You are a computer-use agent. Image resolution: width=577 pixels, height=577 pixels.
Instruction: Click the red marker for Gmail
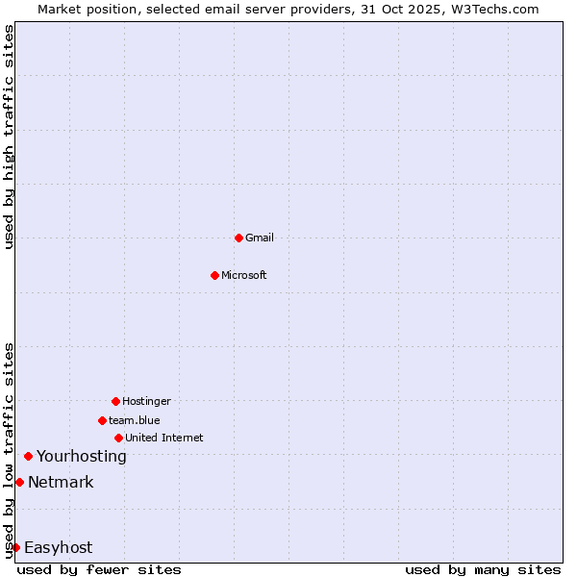[238, 238]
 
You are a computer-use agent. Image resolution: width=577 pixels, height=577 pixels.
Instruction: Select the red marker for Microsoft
[214, 275]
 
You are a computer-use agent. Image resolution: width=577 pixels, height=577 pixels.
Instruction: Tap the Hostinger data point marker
[115, 401]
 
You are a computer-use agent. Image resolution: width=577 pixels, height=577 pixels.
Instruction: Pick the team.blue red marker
[102, 420]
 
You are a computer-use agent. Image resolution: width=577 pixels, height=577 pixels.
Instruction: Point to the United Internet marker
[118, 438]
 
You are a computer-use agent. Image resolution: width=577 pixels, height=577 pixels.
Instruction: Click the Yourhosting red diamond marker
[28, 456]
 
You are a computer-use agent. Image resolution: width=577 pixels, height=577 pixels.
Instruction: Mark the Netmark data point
[19, 482]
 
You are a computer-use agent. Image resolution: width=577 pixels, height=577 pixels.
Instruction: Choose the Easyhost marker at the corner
[15, 547]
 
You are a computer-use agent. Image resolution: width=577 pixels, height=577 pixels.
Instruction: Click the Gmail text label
[260, 238]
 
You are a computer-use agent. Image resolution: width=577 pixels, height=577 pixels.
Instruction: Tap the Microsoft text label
[244, 275]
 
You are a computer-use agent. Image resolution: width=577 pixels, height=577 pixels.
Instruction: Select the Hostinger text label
[146, 401]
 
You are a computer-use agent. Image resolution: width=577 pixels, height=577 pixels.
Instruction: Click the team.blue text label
[135, 420]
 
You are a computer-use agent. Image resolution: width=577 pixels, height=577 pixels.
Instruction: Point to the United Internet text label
[164, 438]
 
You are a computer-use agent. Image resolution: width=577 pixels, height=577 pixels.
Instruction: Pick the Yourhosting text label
[82, 456]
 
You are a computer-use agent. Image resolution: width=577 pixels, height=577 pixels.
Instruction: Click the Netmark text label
[61, 482]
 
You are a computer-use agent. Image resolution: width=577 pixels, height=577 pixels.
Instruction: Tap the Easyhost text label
[59, 547]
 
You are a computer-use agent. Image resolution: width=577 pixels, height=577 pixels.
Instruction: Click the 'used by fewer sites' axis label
[99, 569]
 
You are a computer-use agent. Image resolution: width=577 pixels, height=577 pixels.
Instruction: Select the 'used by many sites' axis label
[483, 569]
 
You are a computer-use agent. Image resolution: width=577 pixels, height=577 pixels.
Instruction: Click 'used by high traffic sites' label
[9, 137]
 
